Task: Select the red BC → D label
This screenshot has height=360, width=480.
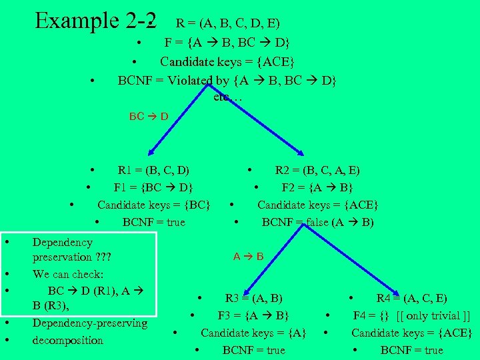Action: [x=148, y=116]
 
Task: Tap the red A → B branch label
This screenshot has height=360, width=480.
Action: [x=248, y=256]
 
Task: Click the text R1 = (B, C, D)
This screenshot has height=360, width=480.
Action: [x=153, y=169]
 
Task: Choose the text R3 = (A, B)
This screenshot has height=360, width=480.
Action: [x=253, y=298]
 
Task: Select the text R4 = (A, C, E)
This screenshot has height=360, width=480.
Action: [x=412, y=298]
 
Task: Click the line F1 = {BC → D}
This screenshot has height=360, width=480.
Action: [x=154, y=187]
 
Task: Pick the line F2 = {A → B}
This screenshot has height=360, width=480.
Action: [x=317, y=187]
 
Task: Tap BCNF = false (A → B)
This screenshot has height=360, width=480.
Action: [x=318, y=222]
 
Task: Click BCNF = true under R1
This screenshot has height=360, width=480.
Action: [x=154, y=222]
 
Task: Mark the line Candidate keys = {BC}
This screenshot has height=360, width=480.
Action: [x=154, y=204]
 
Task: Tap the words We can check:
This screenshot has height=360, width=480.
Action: [x=67, y=274]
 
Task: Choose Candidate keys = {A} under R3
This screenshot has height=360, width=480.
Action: [x=253, y=333]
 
